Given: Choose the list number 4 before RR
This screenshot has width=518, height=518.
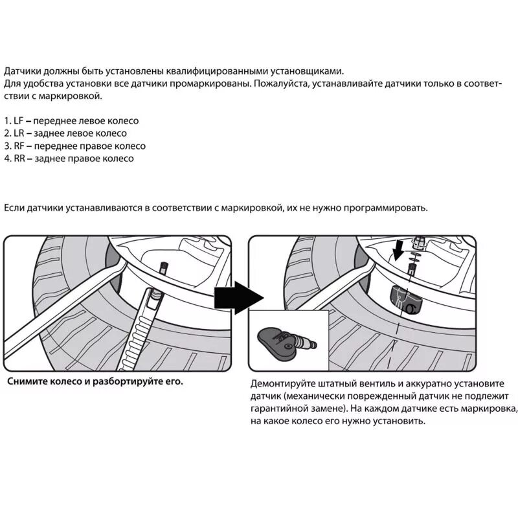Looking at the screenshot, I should pyautogui.click(x=7, y=159).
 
